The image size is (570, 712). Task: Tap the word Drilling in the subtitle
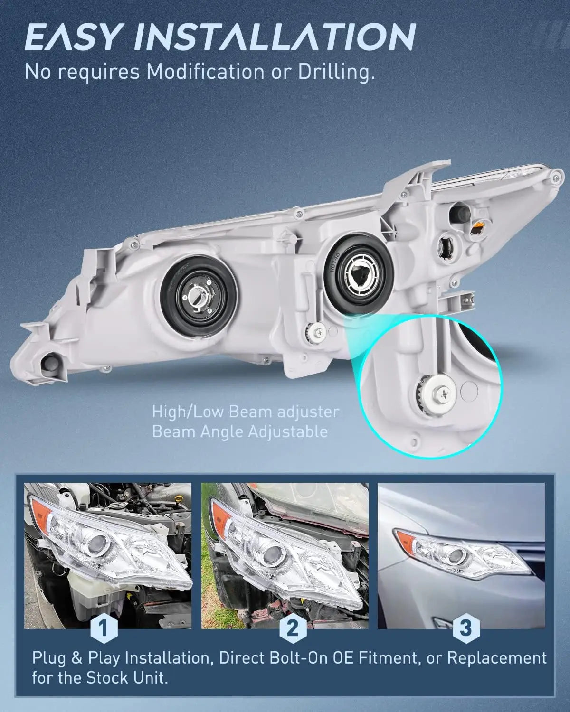[332, 73]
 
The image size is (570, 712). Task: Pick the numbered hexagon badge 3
[466, 628]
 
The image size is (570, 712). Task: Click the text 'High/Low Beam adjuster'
[246, 412]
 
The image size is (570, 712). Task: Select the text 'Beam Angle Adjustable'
[239, 431]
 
